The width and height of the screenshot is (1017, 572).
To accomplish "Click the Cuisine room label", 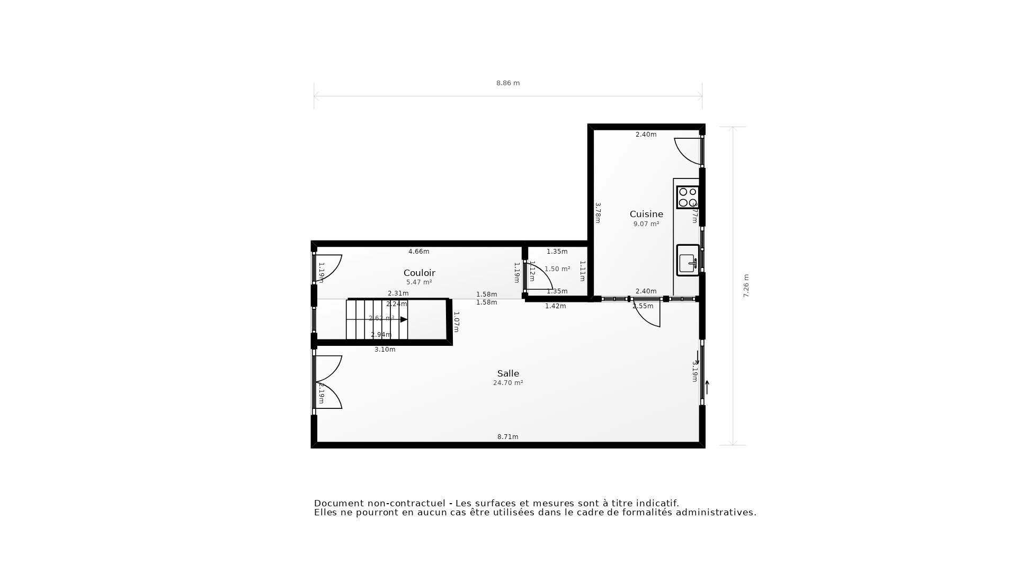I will click(x=646, y=214).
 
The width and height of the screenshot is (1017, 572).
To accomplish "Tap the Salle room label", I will click(x=507, y=373).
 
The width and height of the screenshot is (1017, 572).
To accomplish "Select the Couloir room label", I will click(x=419, y=273).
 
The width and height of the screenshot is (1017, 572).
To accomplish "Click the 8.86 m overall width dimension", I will click(x=507, y=83).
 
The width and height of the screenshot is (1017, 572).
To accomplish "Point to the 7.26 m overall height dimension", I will click(x=746, y=286).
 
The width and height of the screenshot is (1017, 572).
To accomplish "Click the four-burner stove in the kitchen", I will click(x=688, y=198).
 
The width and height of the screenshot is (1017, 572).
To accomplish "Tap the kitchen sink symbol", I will click(x=688, y=260).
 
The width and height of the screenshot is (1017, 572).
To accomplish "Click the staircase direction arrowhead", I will click(x=404, y=319).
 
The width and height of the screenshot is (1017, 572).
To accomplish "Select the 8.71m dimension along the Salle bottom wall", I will click(x=507, y=437).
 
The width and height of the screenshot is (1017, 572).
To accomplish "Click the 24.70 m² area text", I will click(x=507, y=383).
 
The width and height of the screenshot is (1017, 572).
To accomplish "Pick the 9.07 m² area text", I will click(x=646, y=224).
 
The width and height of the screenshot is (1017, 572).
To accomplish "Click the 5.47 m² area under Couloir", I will click(x=419, y=282).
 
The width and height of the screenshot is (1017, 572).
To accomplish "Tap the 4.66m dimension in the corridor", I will click(x=418, y=252).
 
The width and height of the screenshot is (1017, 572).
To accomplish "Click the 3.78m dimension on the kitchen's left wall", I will click(x=597, y=212).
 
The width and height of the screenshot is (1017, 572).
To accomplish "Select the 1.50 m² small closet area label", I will click(x=557, y=269).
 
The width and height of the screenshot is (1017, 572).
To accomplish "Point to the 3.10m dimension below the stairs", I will click(x=385, y=350).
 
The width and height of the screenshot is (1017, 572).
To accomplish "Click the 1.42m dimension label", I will click(x=555, y=306).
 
